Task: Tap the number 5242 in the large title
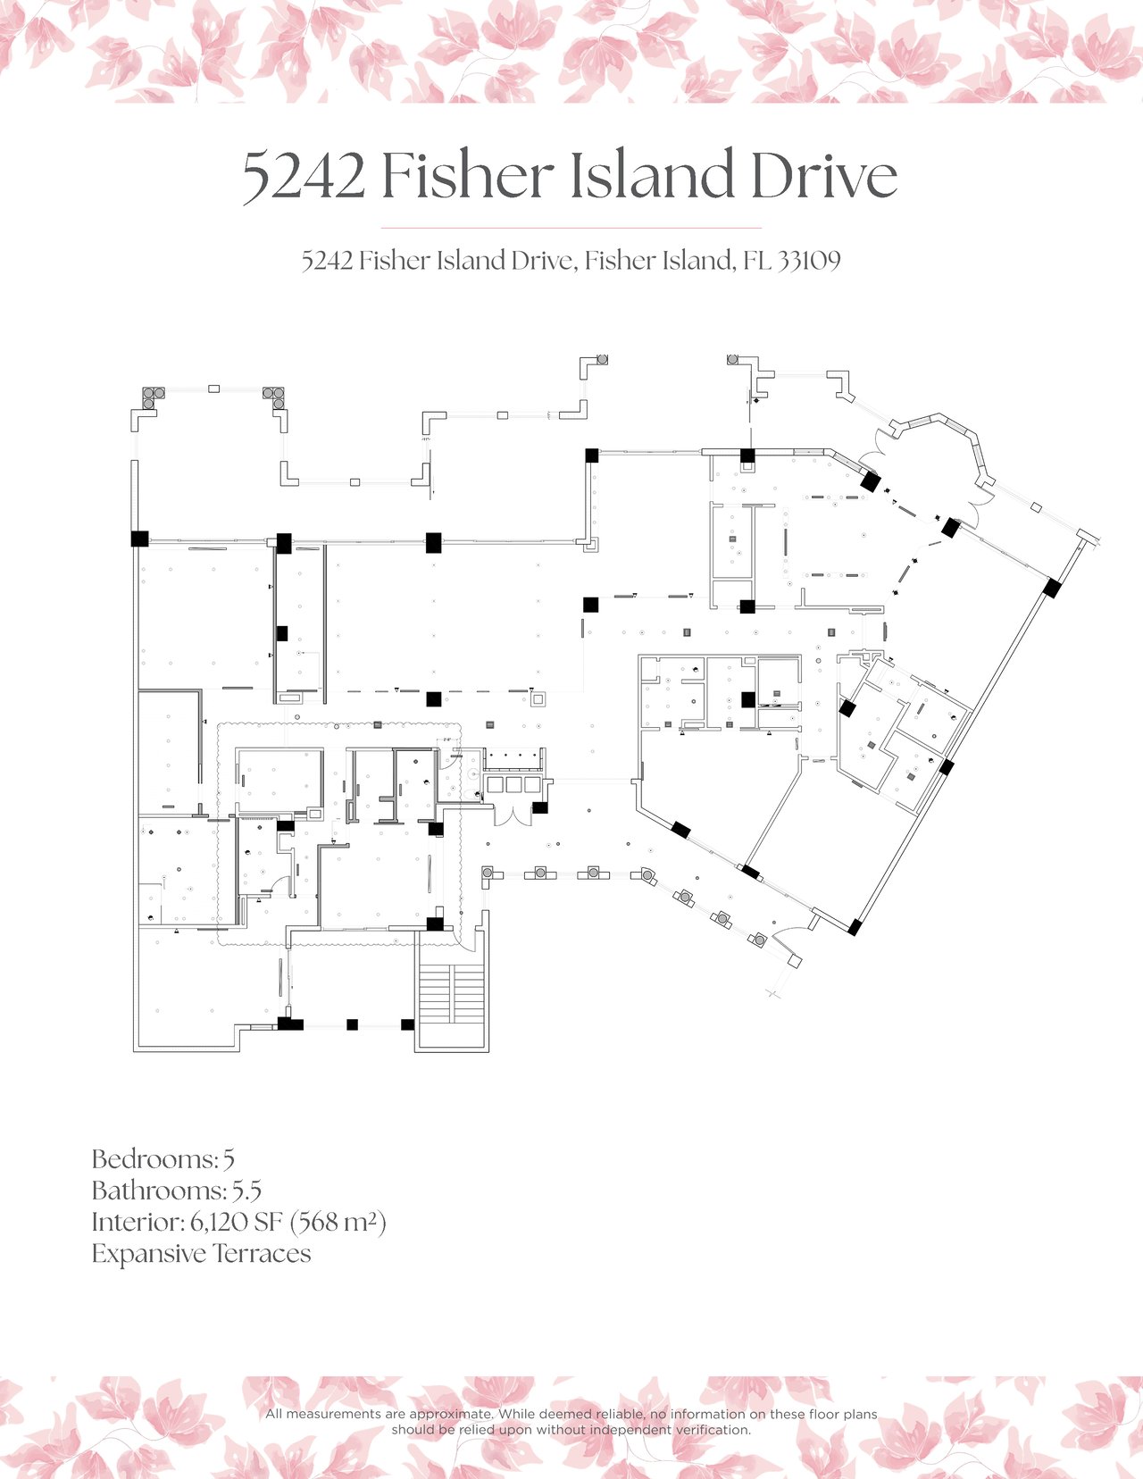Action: pyautogui.click(x=305, y=176)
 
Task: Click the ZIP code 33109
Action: pyautogui.click(x=809, y=261)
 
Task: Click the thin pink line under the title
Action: pyautogui.click(x=571, y=228)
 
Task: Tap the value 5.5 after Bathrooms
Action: pyautogui.click(x=246, y=1191)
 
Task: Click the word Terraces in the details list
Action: pyautogui.click(x=263, y=1254)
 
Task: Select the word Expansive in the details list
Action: pyautogui.click(x=148, y=1254)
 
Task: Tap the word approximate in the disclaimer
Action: pyautogui.click(x=450, y=1414)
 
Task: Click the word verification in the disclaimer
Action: pyautogui.click(x=712, y=1429)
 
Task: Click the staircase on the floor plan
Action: pyautogui.click(x=452, y=994)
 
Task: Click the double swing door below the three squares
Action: pyautogui.click(x=514, y=813)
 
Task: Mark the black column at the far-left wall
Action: pyautogui.click(x=139, y=539)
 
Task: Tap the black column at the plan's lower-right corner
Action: pyautogui.click(x=854, y=927)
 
